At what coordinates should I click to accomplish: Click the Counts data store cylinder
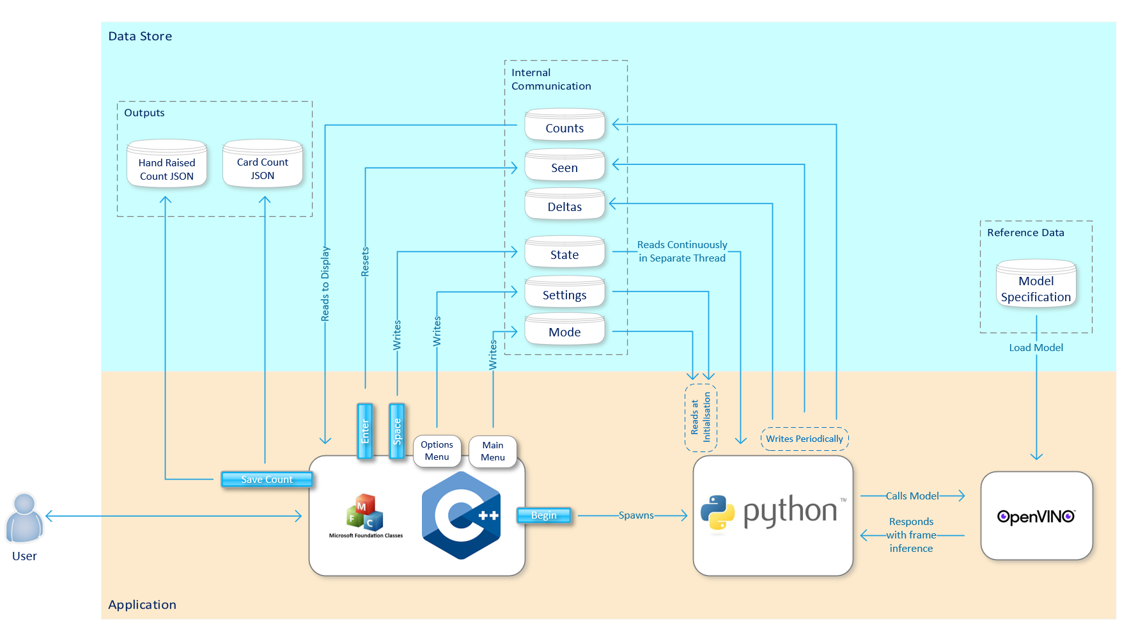click(564, 125)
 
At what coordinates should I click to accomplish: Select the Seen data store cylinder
click(564, 166)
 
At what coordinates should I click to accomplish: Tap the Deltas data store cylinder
click(564, 205)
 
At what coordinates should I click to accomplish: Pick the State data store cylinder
click(564, 253)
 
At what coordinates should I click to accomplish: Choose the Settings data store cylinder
click(564, 293)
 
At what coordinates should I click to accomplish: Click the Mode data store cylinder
click(564, 330)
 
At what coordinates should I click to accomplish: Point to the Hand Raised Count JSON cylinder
click(167, 165)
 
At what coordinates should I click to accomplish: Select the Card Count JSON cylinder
click(262, 165)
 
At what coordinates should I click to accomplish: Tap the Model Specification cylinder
click(1036, 285)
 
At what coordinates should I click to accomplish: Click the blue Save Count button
click(267, 480)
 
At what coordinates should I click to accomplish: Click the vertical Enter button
click(365, 432)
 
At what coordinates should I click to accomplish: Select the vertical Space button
click(397, 432)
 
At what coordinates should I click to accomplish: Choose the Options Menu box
click(437, 451)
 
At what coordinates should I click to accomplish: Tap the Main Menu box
click(493, 451)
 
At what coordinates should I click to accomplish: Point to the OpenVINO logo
click(1036, 517)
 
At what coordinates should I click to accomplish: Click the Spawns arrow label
click(635, 515)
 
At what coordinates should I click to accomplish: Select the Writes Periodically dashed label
click(804, 439)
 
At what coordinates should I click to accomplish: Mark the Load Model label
click(1036, 348)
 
